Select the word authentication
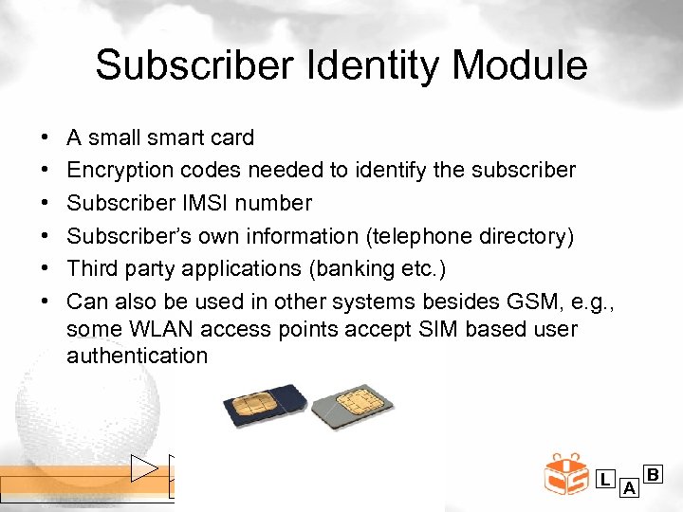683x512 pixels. [137, 356]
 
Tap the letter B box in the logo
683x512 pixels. [653, 473]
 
